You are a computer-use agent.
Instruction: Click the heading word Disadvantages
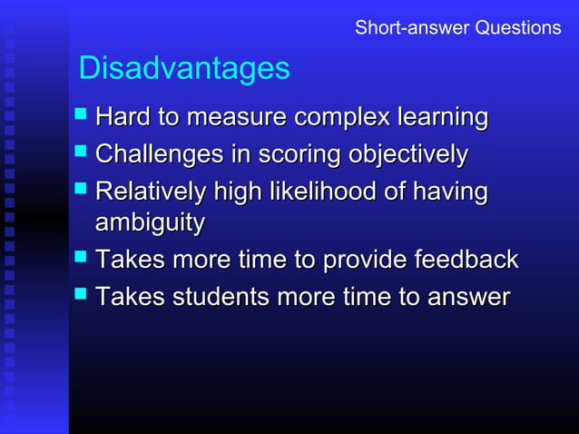[x=184, y=68]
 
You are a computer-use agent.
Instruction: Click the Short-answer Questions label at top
[x=457, y=28]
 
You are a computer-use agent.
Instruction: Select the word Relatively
[x=151, y=192]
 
